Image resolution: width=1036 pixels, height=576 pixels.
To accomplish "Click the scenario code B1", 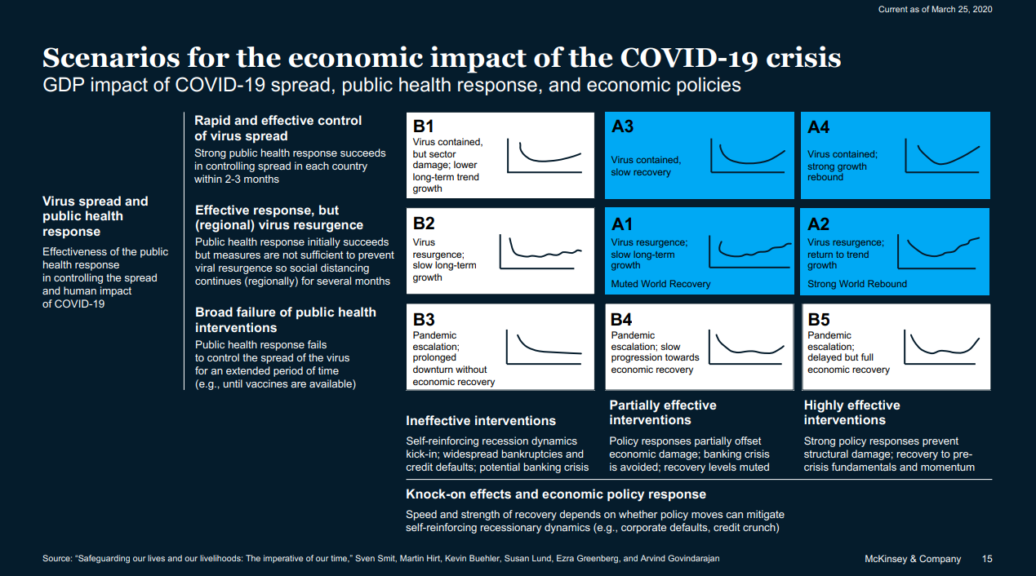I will pos(423,126).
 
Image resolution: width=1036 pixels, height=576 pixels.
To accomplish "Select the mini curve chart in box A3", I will pos(747,155).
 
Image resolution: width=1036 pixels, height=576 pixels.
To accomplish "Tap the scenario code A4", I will pos(818,126).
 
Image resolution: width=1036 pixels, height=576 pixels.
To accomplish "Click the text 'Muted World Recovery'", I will pos(660,284).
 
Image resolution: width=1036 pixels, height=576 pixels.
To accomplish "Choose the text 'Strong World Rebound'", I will pos(857,284).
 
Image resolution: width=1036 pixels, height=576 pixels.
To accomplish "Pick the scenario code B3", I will pos(424,319).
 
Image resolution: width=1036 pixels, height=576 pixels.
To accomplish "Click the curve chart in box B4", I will pos(747,347).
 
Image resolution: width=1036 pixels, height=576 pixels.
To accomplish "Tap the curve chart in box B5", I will pos(943,347).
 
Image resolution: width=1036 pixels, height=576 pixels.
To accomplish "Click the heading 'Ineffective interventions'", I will pos(481,421).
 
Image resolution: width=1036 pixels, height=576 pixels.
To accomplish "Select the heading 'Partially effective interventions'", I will pos(663,413).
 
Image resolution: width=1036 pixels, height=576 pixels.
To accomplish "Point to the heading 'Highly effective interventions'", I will pos(851,413).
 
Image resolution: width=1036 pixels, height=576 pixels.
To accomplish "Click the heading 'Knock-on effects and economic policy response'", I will pos(556,494).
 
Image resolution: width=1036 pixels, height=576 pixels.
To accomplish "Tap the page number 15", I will pos(987,559).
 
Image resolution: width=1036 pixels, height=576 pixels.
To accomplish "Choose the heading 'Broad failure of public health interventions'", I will pos(286,320).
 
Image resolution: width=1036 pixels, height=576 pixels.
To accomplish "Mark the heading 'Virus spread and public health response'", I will pos(96,216).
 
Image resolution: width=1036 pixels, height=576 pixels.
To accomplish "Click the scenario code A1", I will pos(622,224).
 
